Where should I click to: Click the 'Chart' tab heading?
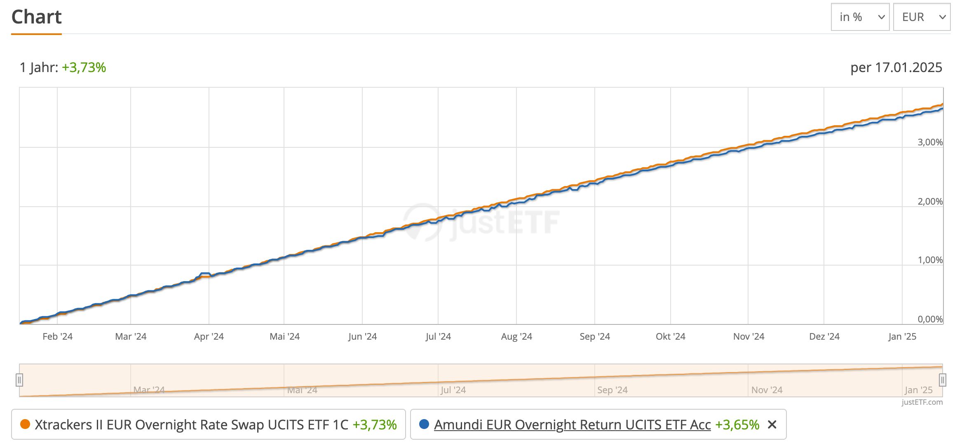coord(36,17)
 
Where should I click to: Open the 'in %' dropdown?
coord(860,17)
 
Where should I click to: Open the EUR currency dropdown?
coord(922,17)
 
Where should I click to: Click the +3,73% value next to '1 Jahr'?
coord(84,67)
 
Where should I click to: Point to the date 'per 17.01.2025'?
coord(896,67)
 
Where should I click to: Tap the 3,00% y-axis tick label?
coord(930,142)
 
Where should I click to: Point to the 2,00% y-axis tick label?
coord(930,201)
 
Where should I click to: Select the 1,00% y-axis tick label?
coord(930,260)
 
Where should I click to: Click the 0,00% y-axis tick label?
coord(930,319)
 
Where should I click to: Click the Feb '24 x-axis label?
coord(57,336)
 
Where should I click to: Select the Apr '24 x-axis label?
coord(209,336)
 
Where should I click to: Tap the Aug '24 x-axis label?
coord(516,336)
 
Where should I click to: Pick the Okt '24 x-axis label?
coord(670,336)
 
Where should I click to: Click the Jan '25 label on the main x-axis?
coord(902,336)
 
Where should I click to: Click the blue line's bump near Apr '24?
coord(205,273)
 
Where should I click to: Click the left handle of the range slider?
coord(19,380)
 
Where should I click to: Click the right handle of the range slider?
coord(942,380)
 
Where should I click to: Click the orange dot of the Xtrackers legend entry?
coord(25,424)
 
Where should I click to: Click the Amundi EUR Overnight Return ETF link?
coord(572,424)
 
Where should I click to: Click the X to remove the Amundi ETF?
coord(772,424)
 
